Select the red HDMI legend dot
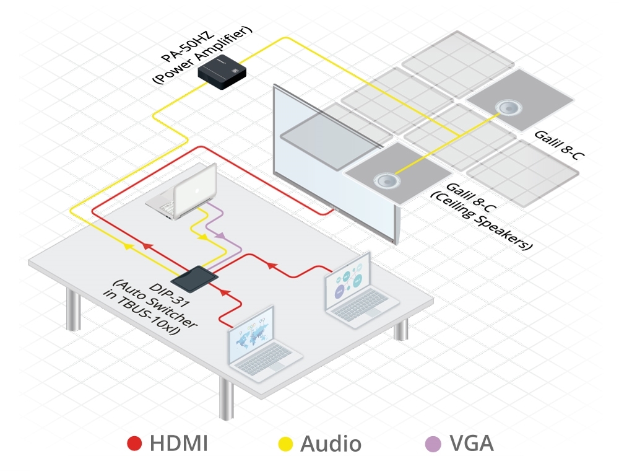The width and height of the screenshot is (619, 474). click(x=134, y=444)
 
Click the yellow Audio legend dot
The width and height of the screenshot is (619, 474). click(x=285, y=444)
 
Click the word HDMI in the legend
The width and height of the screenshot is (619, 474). click(x=178, y=444)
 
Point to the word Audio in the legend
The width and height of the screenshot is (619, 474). click(x=331, y=444)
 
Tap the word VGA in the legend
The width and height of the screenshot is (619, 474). click(x=472, y=444)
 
